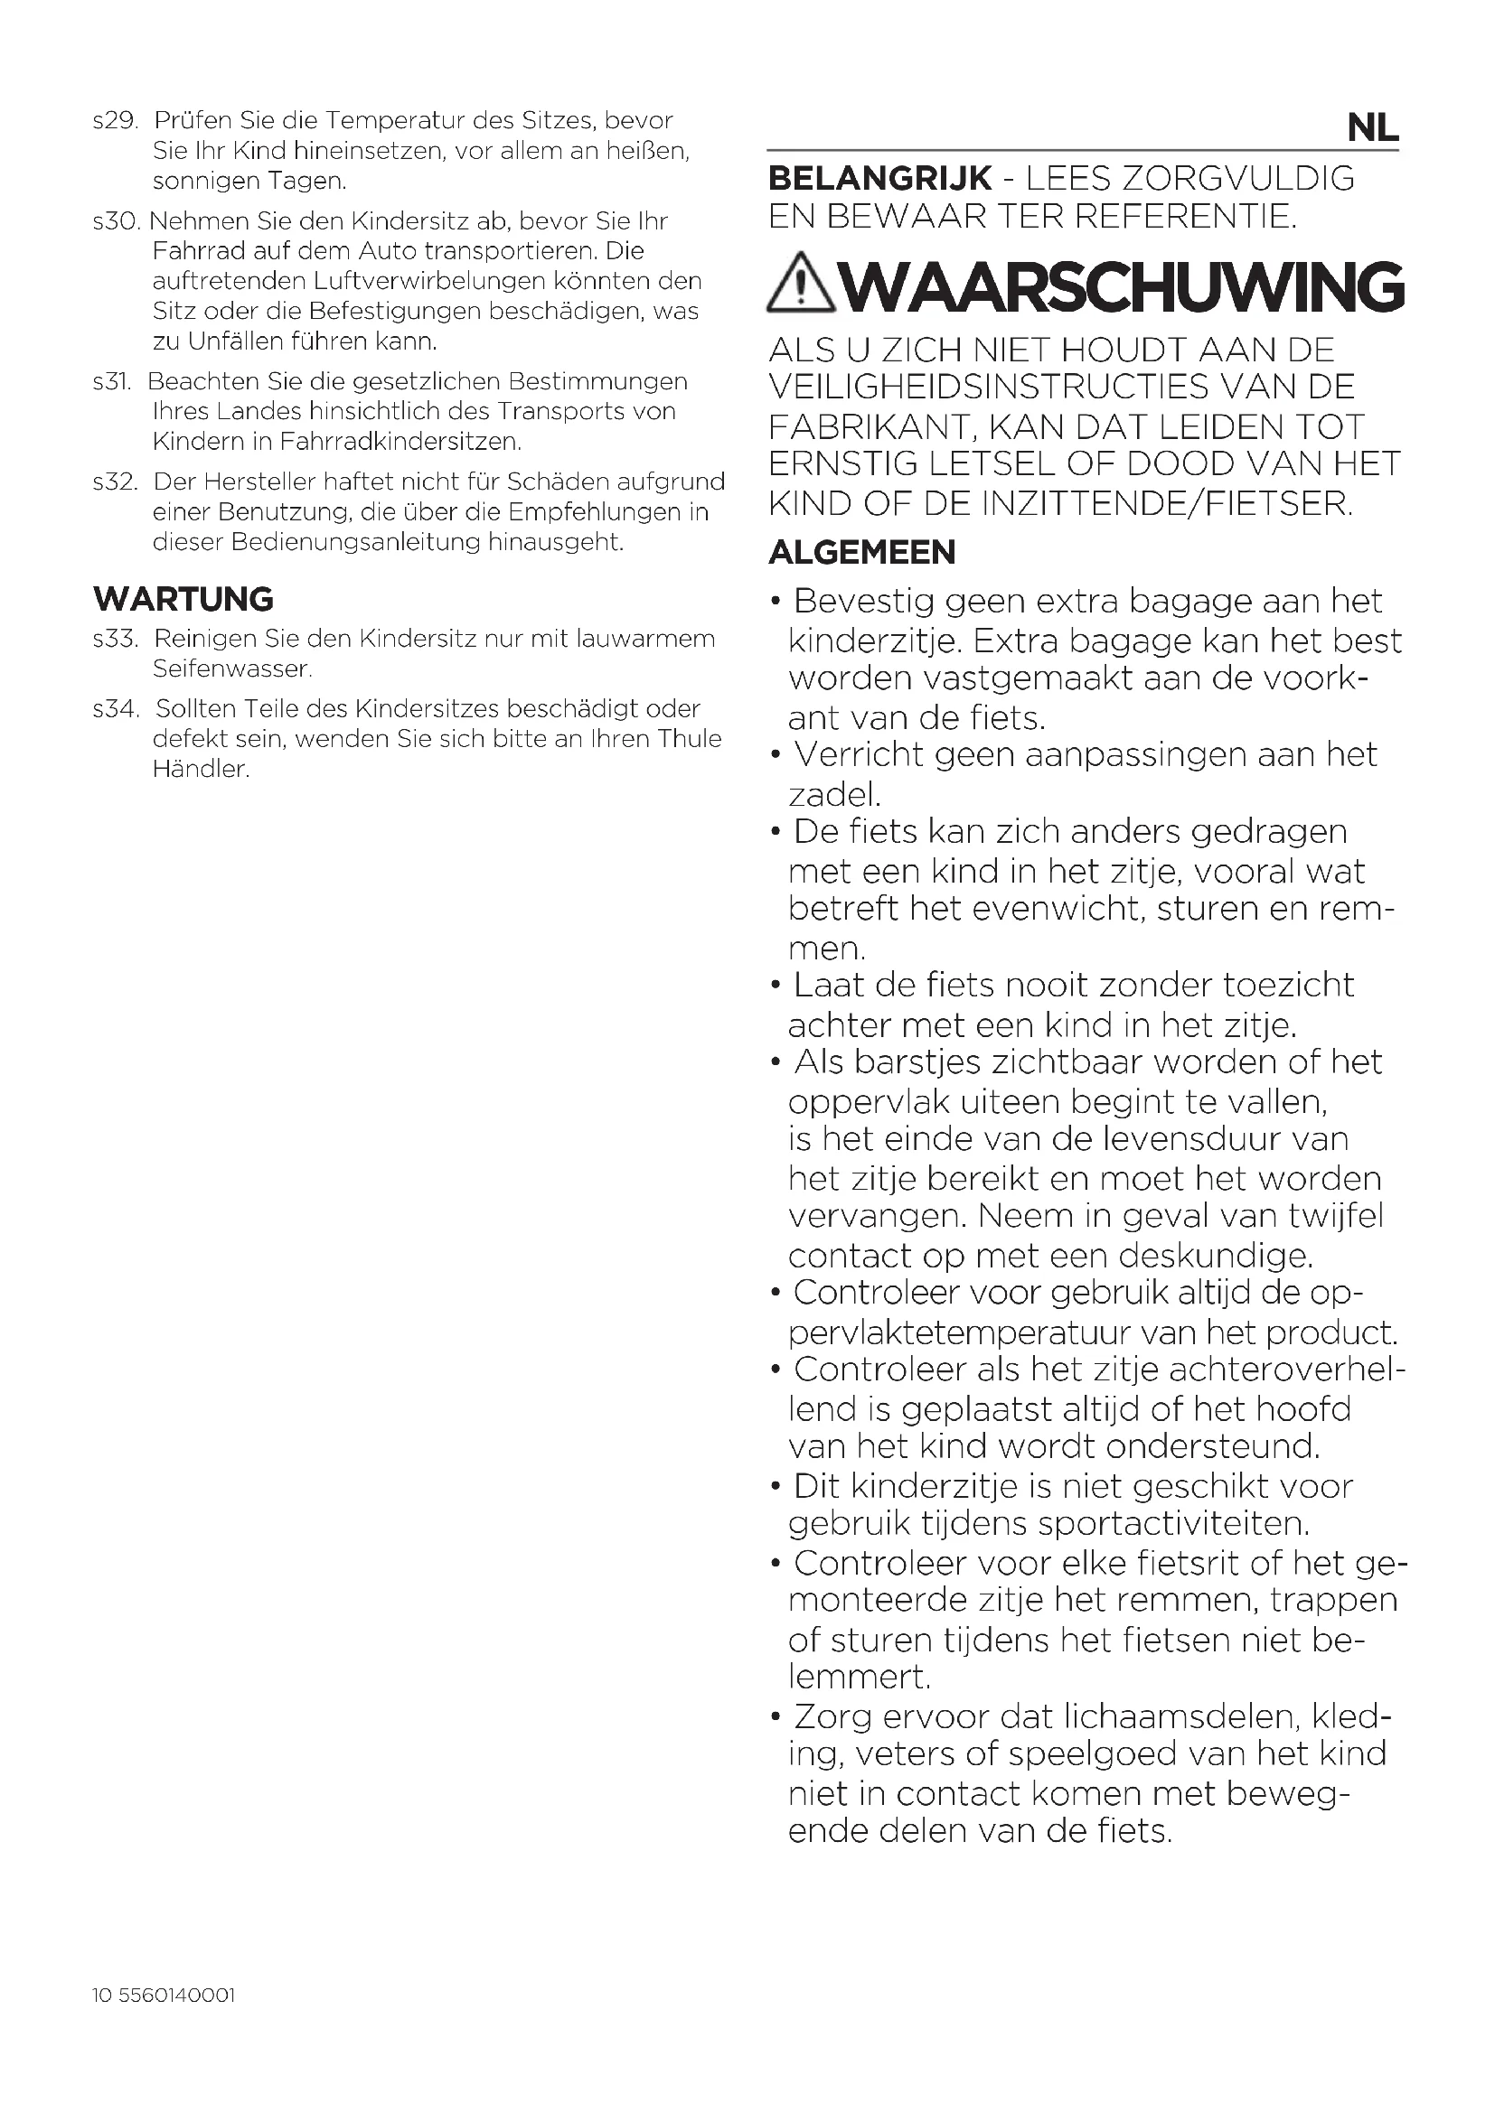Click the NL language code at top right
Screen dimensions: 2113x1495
[1372, 128]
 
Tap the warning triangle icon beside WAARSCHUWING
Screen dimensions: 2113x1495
[801, 283]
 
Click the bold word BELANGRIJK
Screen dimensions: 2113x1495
[880, 178]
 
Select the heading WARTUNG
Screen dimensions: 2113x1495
[183, 599]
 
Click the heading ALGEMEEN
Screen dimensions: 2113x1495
[861, 552]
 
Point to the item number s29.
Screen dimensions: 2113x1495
[115, 120]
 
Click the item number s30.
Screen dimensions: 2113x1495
[116, 220]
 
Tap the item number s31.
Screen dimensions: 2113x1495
[112, 381]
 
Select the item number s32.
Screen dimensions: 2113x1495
[115, 482]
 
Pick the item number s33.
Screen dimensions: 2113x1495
[115, 638]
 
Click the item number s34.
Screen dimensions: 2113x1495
[116, 708]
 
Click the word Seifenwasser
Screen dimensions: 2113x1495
[231, 669]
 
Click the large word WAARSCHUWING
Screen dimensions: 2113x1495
[1124, 286]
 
